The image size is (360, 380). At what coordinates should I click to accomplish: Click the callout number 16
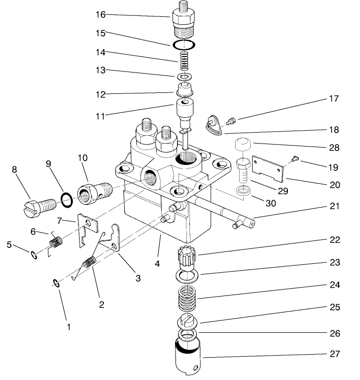coord(100,15)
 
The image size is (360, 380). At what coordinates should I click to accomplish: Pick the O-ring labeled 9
coord(66,200)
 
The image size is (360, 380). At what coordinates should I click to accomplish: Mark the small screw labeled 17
coord(231,120)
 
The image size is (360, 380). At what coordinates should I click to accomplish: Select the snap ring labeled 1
coord(56,283)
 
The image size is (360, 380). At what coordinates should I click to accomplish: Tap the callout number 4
coord(157,264)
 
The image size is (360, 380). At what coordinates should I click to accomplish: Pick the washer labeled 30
coord(243,191)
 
